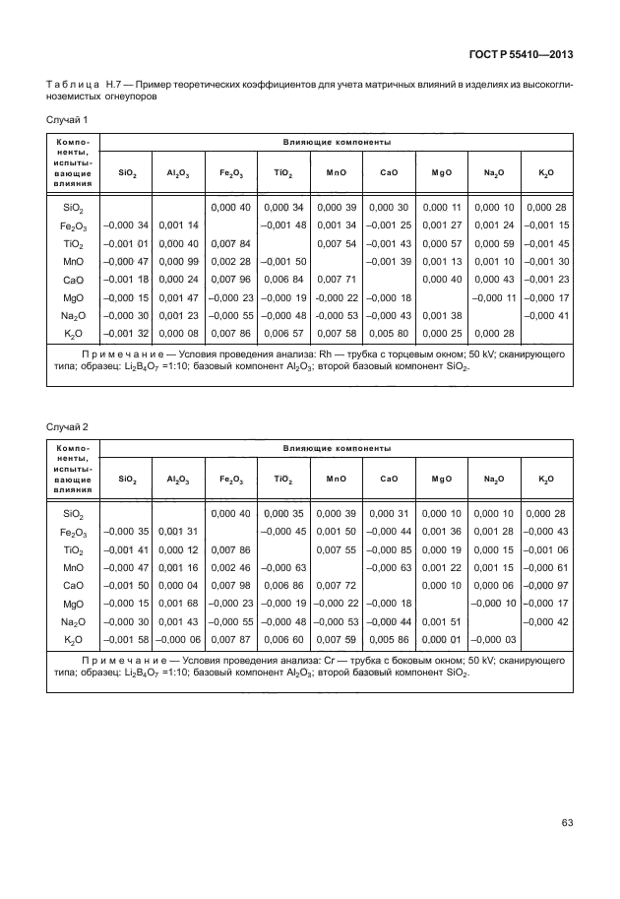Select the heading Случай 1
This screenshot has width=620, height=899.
point(68,119)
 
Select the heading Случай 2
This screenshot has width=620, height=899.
point(68,425)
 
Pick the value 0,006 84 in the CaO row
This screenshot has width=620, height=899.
point(283,279)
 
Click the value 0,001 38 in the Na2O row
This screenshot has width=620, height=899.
point(441,315)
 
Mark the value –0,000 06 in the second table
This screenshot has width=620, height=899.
point(178,640)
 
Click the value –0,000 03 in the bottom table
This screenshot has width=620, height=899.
point(493,640)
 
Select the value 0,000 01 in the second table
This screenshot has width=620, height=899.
point(441,640)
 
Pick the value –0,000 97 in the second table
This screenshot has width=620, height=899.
point(546,586)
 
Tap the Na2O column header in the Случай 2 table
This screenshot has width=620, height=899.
point(493,479)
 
